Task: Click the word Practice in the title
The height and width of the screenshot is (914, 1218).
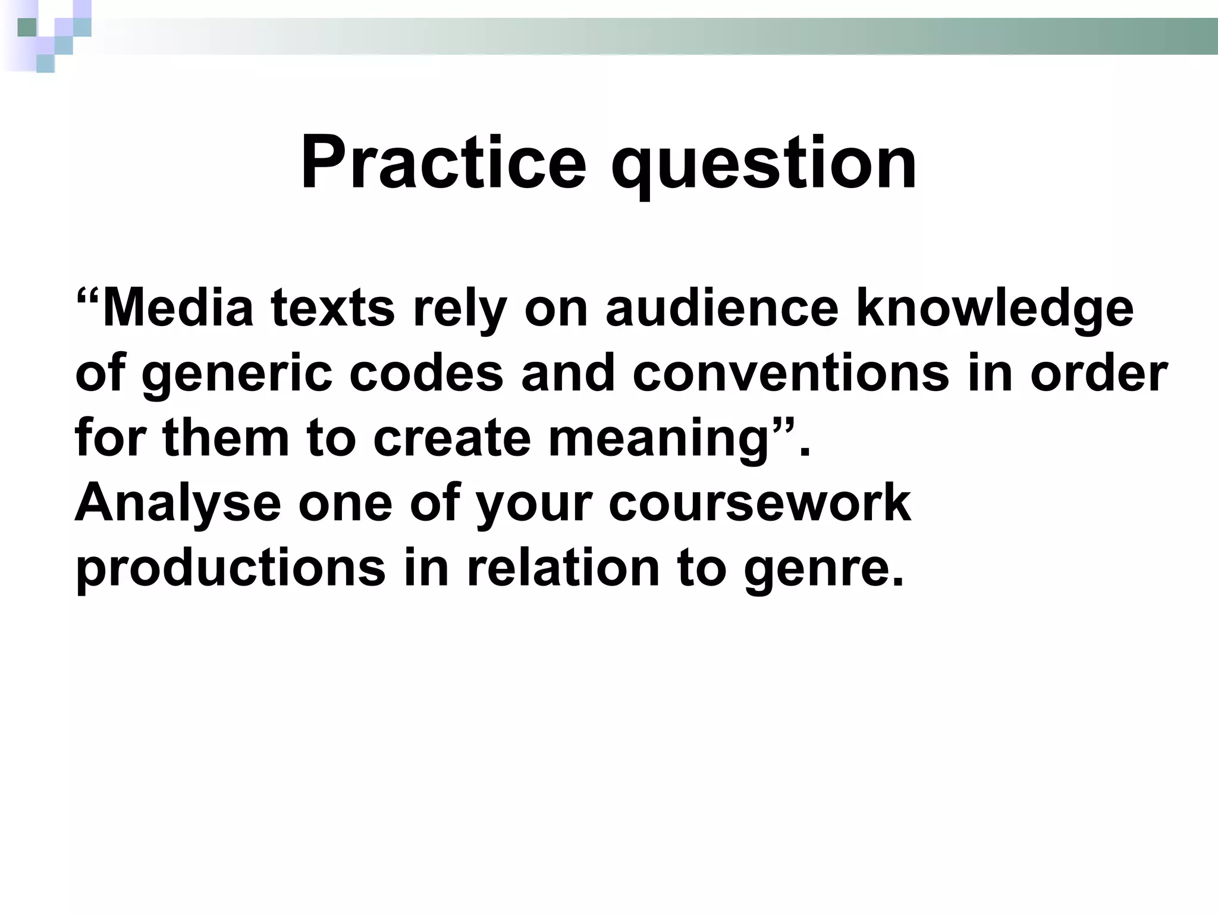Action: tap(443, 162)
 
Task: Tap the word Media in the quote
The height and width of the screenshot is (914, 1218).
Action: tap(178, 308)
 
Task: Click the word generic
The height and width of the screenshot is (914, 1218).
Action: tap(237, 375)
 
